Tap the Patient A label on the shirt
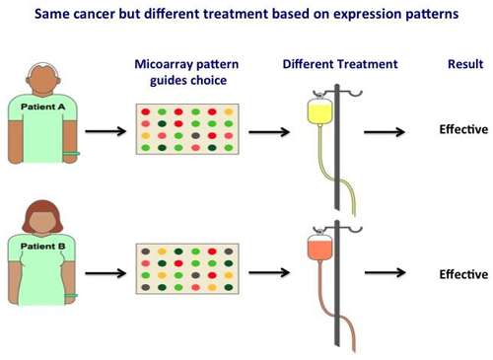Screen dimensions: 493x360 pyautogui.click(x=43, y=107)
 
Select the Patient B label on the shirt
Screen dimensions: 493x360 pyautogui.click(x=43, y=247)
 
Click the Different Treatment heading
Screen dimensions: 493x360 pyautogui.click(x=340, y=64)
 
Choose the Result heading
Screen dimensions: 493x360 pyautogui.click(x=465, y=64)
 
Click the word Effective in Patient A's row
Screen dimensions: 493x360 pyautogui.click(x=463, y=129)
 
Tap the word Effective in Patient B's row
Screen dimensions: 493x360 pyautogui.click(x=463, y=274)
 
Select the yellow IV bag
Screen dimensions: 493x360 pyautogui.click(x=319, y=112)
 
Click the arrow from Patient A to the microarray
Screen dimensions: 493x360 pyautogui.click(x=106, y=131)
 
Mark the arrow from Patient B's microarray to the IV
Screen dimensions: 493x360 pyautogui.click(x=269, y=272)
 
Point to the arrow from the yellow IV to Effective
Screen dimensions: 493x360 pyautogui.click(x=385, y=132)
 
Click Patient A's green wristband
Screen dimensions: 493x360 pyautogui.click(x=71, y=154)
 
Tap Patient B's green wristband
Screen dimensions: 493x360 pyautogui.click(x=71, y=296)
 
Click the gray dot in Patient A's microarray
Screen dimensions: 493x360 pyautogui.click(x=195, y=136)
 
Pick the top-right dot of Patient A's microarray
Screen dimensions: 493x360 pyautogui.click(x=229, y=112)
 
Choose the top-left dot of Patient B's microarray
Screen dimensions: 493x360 pyautogui.click(x=146, y=252)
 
